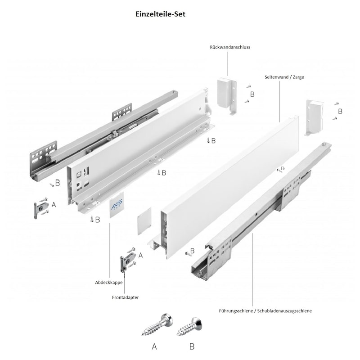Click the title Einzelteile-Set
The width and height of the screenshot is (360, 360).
(160, 13)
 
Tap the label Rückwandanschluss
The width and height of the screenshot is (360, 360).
(229, 47)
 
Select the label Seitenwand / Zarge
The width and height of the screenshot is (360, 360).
(284, 77)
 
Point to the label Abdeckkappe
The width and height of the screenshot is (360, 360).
(108, 283)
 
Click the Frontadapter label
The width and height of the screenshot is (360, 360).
(125, 297)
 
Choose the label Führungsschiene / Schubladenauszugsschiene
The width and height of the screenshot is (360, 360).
(265, 310)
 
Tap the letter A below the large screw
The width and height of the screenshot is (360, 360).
(154, 346)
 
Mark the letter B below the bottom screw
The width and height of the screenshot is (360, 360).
(192, 346)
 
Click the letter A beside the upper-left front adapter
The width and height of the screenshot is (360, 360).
(54, 205)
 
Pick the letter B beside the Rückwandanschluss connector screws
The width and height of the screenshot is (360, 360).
(252, 94)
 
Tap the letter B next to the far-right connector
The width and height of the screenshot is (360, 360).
(340, 111)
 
